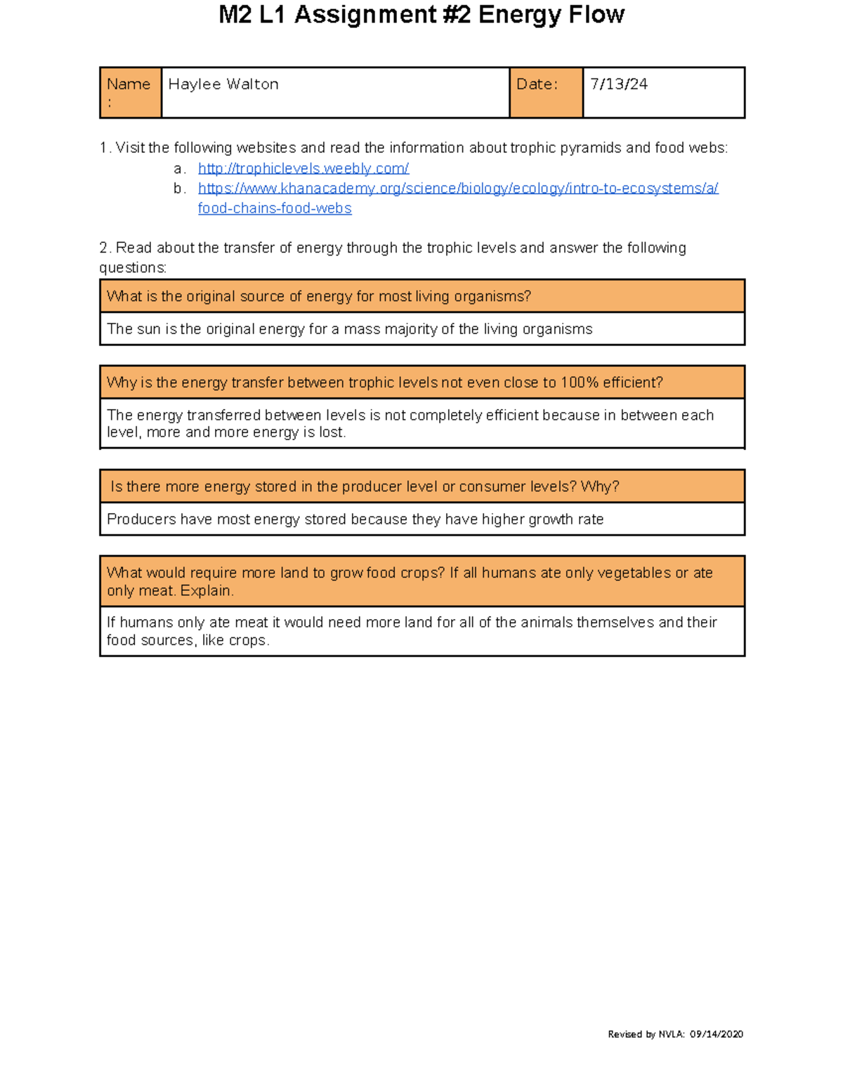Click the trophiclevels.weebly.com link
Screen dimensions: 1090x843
click(303, 168)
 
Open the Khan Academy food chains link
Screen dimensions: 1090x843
click(457, 189)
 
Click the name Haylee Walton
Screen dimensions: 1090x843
click(223, 84)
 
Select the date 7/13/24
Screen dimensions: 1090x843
click(618, 84)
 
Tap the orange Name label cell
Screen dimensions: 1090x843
click(131, 92)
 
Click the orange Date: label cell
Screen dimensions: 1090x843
click(545, 92)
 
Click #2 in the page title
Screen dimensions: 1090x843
click(454, 15)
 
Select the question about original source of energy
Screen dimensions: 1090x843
click(318, 296)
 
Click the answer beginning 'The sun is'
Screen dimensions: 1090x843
click(349, 329)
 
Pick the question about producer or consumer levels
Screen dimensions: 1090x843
click(364, 486)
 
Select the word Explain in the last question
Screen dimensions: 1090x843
click(207, 591)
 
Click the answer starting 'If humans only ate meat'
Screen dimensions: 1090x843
click(411, 630)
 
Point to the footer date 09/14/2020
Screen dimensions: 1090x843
click(716, 1034)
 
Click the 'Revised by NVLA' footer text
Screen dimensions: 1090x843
click(646, 1034)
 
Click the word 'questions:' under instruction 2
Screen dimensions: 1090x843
click(133, 268)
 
